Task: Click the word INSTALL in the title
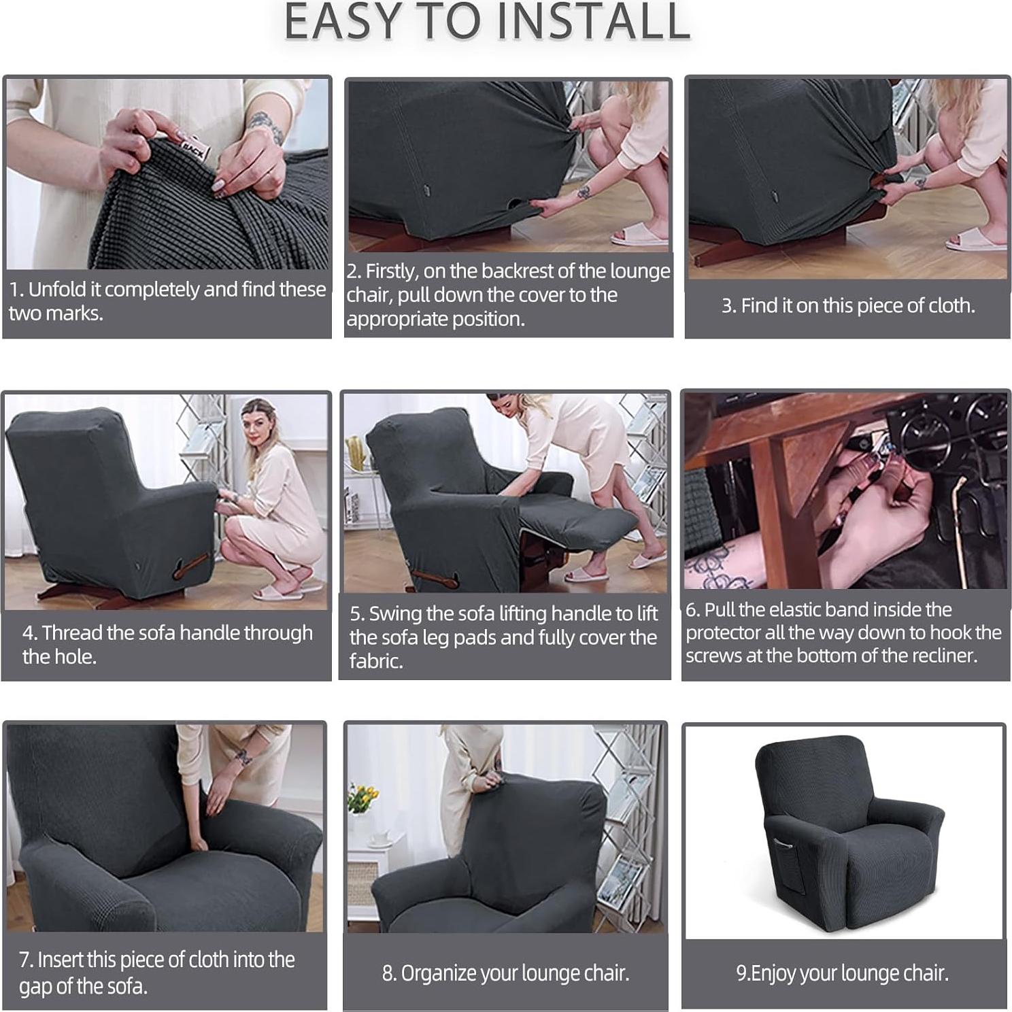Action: pyautogui.click(x=593, y=22)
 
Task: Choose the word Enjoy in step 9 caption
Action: pyautogui.click(x=773, y=973)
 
